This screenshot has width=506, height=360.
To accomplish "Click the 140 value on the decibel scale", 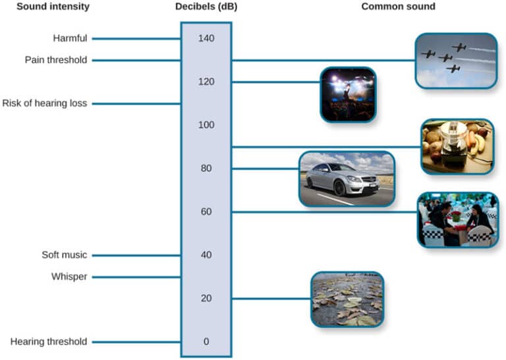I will click(206, 39).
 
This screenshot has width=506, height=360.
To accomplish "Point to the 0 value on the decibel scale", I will click(206, 342).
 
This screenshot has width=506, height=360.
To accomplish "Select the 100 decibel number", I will click(206, 125).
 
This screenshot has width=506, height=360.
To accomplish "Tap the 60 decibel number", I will click(206, 212).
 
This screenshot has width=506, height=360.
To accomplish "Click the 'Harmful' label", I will click(70, 38).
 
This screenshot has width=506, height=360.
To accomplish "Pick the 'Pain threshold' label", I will click(56, 60).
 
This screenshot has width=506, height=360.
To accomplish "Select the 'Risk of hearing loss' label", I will click(45, 104).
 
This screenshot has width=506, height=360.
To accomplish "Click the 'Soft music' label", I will click(64, 255).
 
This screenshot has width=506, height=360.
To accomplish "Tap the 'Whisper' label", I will click(69, 277).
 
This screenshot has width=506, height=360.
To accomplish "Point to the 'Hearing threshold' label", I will click(49, 342).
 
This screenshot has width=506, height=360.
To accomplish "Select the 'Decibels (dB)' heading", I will click(206, 7).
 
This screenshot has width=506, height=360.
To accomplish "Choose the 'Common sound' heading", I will click(399, 7).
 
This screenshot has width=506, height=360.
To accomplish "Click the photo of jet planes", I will click(456, 61).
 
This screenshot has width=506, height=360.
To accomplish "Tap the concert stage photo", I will click(348, 94).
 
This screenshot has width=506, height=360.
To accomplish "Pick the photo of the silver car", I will click(347, 179).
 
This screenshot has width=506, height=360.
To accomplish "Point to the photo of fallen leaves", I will click(347, 299).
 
